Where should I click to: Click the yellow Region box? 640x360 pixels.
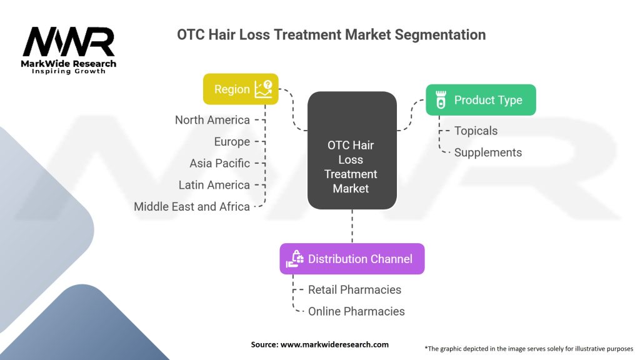(x=241, y=89)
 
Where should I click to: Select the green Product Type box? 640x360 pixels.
(x=481, y=100)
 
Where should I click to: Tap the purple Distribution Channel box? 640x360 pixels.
(x=352, y=259)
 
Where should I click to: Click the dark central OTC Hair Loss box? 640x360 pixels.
(x=352, y=150)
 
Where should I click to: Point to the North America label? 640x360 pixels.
(x=212, y=120)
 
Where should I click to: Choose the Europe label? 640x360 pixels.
(x=232, y=142)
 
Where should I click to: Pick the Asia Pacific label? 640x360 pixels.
(x=219, y=163)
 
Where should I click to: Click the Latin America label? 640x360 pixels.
(x=214, y=185)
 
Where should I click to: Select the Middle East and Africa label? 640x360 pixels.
(x=192, y=206)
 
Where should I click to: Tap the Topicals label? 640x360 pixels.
(x=476, y=131)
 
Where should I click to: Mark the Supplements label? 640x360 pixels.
(x=488, y=152)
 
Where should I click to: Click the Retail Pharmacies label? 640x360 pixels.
(x=355, y=290)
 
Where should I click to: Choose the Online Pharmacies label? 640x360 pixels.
(x=356, y=311)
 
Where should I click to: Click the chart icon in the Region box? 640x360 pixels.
(x=263, y=89)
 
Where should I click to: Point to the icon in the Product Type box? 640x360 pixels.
(x=441, y=100)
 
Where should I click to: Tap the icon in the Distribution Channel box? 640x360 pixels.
(x=295, y=259)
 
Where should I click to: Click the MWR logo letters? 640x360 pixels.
(x=69, y=42)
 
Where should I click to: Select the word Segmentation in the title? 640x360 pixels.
(x=440, y=35)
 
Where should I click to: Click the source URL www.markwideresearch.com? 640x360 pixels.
(x=334, y=344)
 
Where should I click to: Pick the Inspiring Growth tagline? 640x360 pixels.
(x=69, y=71)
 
